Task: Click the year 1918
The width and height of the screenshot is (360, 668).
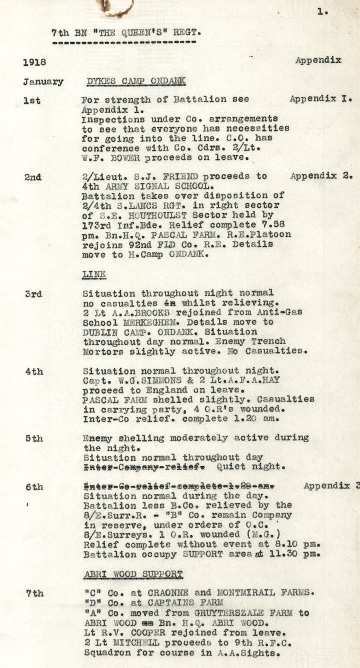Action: point(34,62)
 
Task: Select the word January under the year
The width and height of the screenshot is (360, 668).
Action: point(43,82)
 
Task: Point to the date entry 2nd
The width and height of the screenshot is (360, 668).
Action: point(32,177)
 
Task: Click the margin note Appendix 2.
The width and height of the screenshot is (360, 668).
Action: point(321,176)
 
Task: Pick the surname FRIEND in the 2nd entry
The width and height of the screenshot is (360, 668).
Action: point(185,176)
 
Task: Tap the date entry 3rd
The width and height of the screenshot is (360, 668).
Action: point(33,294)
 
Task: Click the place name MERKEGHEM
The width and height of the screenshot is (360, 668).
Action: point(158,322)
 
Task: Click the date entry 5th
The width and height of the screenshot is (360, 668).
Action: point(34,438)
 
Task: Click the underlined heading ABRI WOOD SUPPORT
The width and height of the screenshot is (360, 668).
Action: point(132,574)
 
